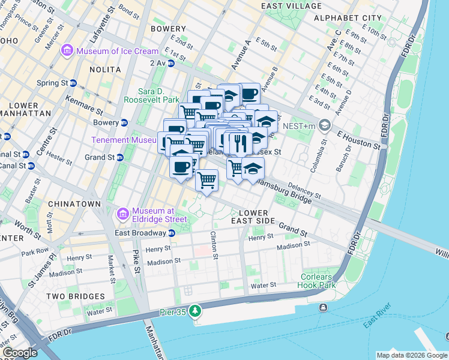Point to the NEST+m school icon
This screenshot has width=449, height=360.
click(x=325, y=126)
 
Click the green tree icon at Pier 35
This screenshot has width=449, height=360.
click(x=194, y=311)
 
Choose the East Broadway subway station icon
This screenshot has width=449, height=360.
click(x=171, y=233)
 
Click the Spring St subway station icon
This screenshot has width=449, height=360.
click(x=73, y=83)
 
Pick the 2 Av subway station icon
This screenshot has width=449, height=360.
click(x=172, y=62)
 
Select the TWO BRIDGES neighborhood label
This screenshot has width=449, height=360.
click(x=74, y=296)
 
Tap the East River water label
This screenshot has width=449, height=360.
click(x=377, y=317)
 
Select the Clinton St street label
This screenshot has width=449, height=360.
click(x=212, y=241)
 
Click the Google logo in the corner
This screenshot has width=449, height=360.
click(x=19, y=353)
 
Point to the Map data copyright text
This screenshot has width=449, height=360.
click(x=412, y=355)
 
